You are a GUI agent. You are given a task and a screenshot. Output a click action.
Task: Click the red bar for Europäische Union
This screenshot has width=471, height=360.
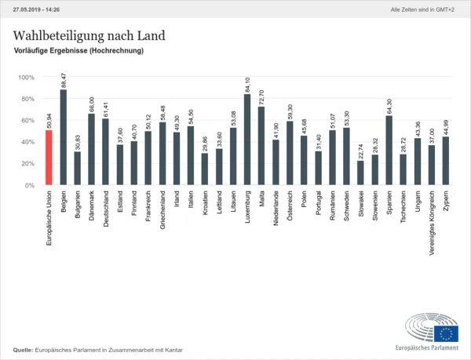pos(49,158)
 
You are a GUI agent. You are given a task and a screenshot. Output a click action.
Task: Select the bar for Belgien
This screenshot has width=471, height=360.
pos(63,137)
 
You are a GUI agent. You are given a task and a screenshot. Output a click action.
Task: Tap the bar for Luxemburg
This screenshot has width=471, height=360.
pos(247,140)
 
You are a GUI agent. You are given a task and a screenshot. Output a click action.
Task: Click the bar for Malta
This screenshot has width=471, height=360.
pos(261,146)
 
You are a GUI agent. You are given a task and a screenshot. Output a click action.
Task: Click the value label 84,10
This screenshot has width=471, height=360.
pos(248,83)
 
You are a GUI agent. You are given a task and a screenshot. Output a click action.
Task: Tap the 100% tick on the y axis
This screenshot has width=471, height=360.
pos(27,78)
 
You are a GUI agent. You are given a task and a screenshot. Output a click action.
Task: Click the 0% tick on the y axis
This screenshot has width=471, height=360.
pos(31,185)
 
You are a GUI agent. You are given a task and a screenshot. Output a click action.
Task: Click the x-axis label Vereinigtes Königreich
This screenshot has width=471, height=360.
pos(432,224)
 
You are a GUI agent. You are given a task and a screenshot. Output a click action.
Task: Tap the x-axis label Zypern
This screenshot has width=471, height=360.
pos(446,204)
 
